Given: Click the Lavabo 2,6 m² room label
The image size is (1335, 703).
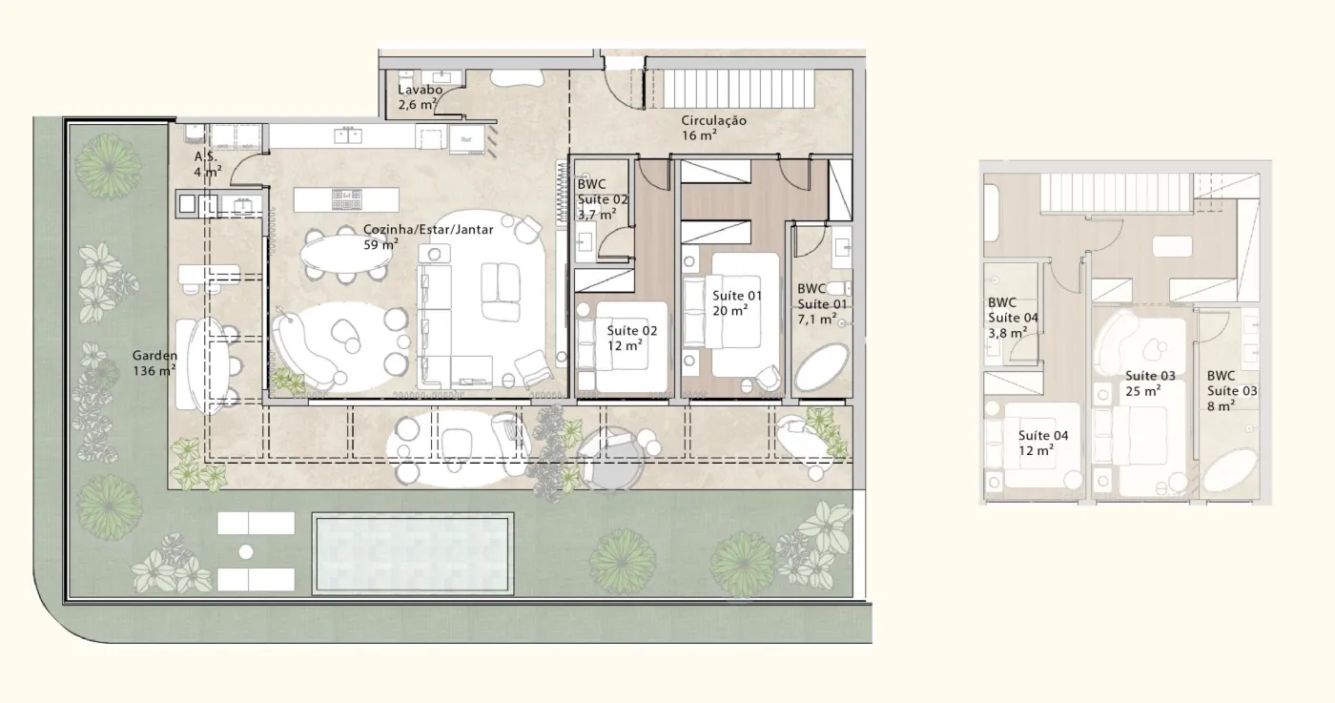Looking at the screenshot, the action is tap(421, 97).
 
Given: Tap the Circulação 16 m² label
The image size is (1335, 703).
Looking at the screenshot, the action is tap(713, 128).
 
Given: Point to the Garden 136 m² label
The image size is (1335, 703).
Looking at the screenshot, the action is tap(154, 363).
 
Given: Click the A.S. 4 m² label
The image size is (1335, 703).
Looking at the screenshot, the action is tap(208, 165).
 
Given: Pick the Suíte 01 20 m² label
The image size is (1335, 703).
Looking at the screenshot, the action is tap(736, 303).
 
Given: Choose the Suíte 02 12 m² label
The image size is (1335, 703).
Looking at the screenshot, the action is tap(631, 338).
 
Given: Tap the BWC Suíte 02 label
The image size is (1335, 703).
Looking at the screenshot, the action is tap(602, 199).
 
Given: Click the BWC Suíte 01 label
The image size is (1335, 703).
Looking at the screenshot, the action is tap(822, 304).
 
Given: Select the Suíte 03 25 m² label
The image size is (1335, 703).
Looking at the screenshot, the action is tap(1150, 383).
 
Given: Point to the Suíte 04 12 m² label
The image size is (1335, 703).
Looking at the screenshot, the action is tap(1043, 443).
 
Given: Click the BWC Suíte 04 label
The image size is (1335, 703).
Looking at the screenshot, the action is tap(1013, 318).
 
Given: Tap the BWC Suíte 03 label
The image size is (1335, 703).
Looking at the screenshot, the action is tap(1232, 391).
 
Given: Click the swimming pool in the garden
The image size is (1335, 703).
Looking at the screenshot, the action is tap(412, 554).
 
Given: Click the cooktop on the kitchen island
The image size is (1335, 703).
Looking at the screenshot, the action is tap(347, 199).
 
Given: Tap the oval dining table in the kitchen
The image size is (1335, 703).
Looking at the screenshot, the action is tap(346, 254).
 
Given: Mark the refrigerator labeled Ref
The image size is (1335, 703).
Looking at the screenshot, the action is tap(466, 139).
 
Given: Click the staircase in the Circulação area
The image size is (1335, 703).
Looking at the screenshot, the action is tap(739, 89).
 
